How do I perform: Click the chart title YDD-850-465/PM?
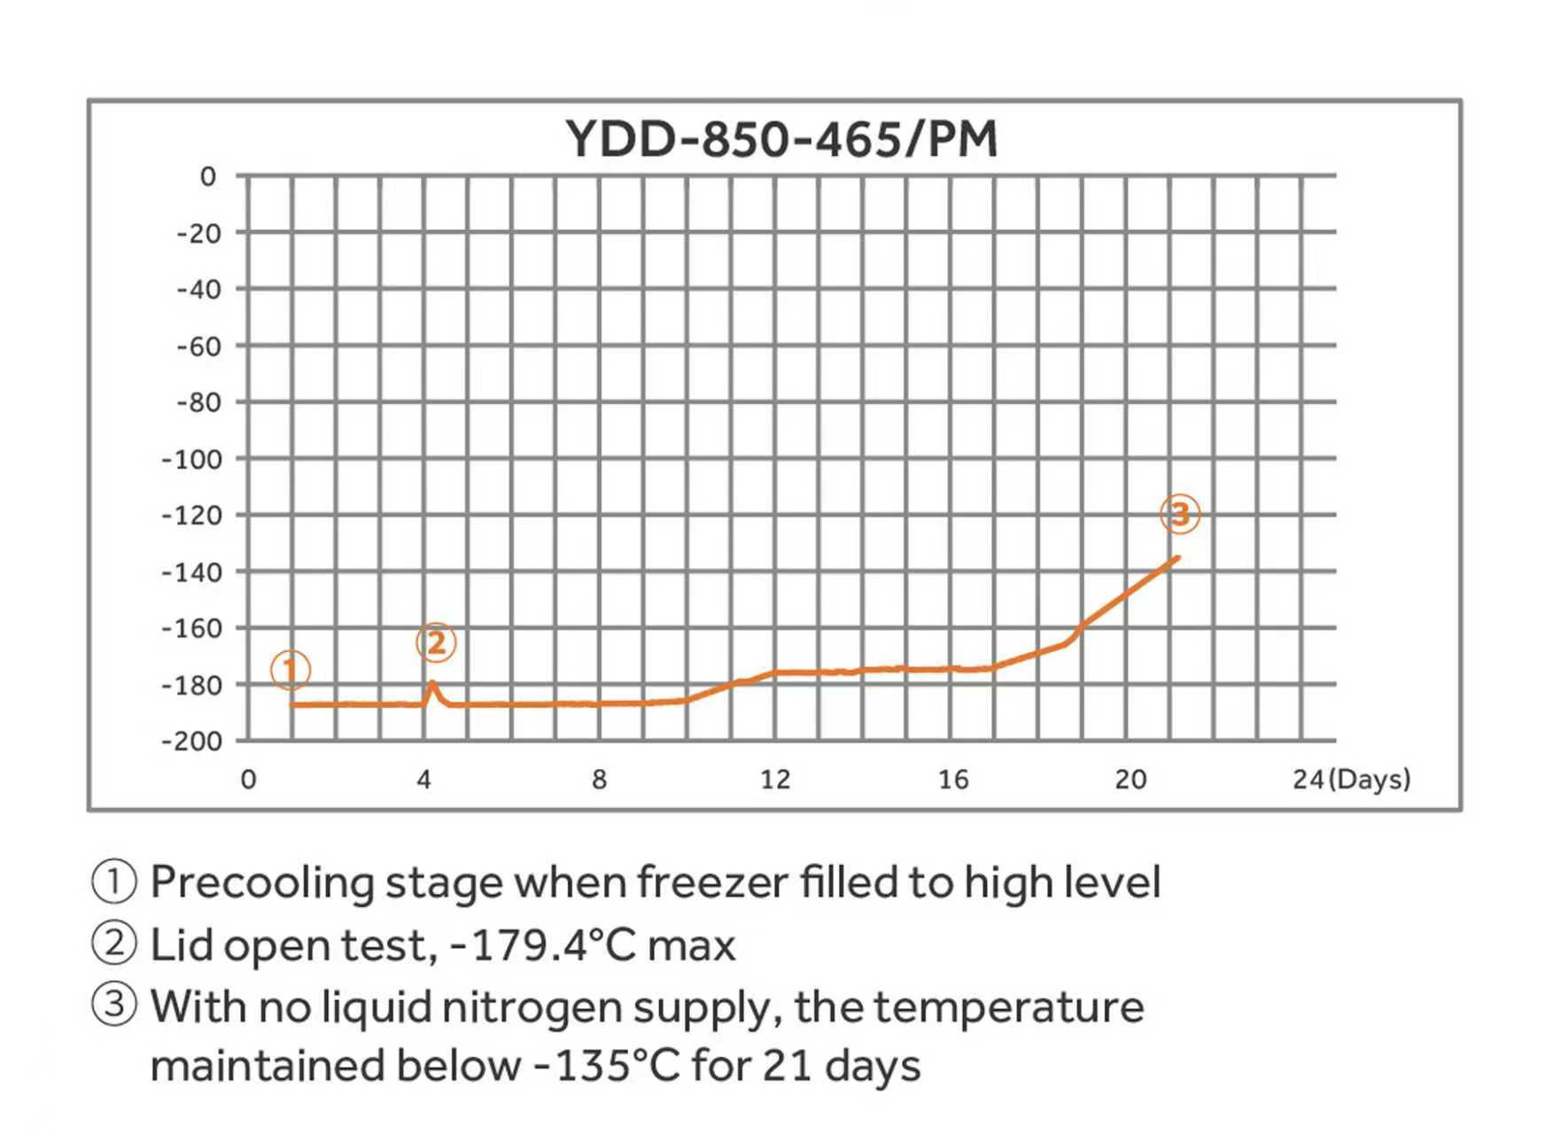[x=781, y=139]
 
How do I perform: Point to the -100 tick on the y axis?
[x=191, y=459]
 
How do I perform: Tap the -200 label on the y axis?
[x=191, y=741]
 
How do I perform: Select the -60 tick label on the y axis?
[x=198, y=346]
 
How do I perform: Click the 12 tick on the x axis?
[x=775, y=780]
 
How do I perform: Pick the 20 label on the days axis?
[x=1130, y=780]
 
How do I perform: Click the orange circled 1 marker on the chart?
[x=291, y=670]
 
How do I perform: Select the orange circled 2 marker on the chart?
[x=436, y=642]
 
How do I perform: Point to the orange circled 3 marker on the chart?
[x=1180, y=514]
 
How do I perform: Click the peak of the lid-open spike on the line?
[x=431, y=682]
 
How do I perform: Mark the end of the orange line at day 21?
[x=1177, y=557]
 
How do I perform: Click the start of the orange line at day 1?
[x=292, y=705]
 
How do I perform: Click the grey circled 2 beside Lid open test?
[x=114, y=944]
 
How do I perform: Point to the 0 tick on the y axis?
[x=208, y=176]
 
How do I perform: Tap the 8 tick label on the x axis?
[x=600, y=780]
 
